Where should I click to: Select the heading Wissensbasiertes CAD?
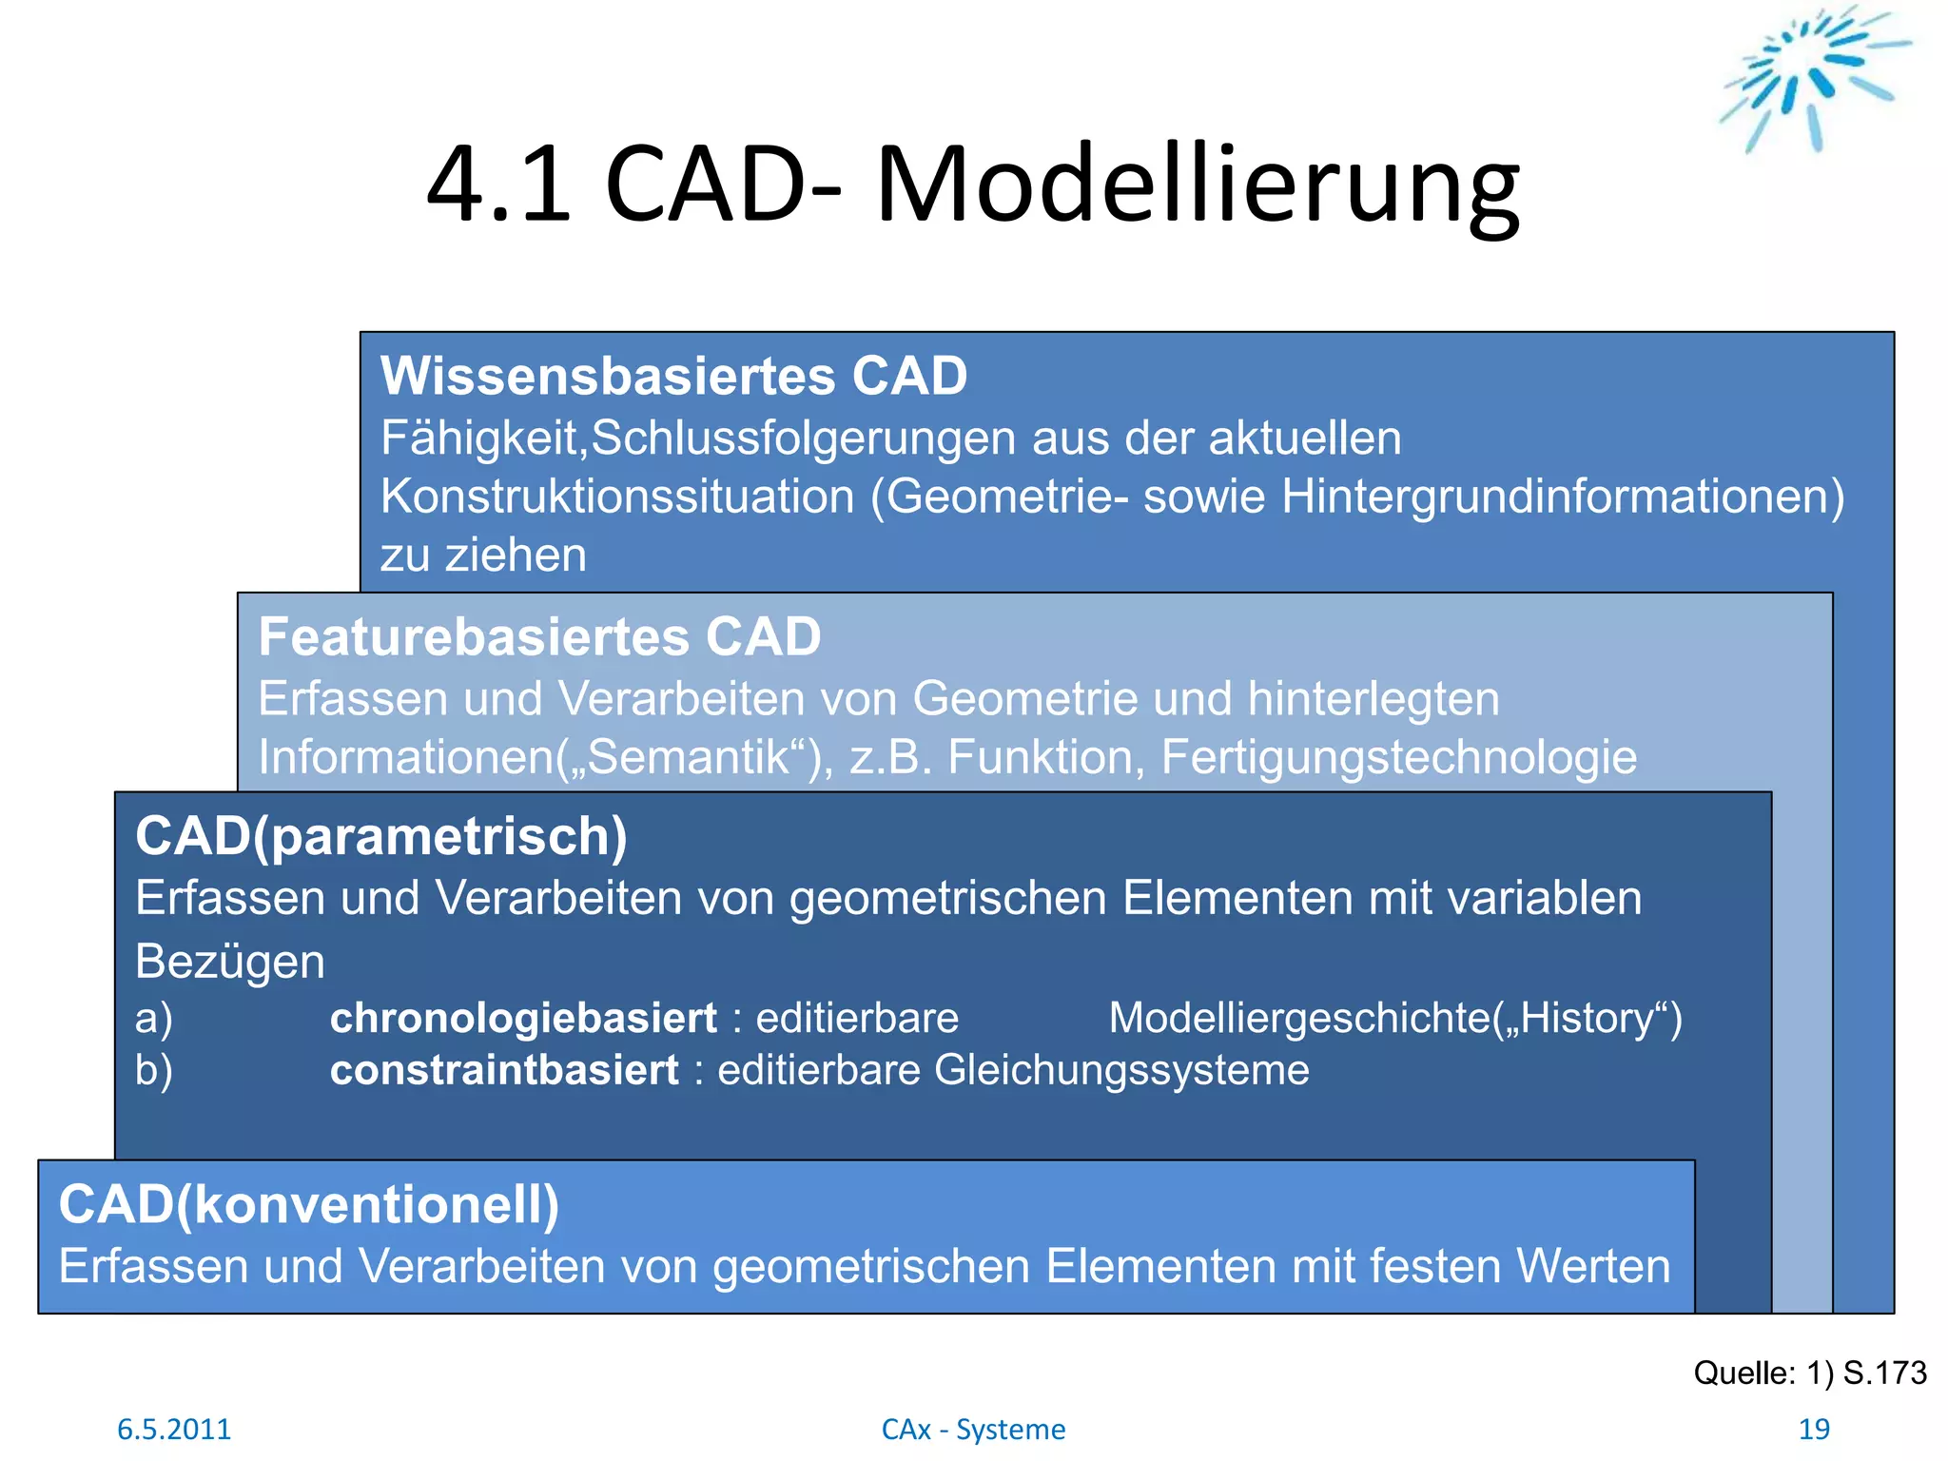coord(673,376)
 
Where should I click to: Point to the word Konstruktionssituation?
coord(617,497)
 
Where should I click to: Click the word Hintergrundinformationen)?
coord(1562,497)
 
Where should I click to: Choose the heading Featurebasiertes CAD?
coord(539,636)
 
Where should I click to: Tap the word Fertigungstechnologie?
coord(1398,758)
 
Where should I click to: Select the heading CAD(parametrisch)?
coord(381,836)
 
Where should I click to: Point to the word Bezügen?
coord(230,962)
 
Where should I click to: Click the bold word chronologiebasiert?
coord(523,1019)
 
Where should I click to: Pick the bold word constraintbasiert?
coord(504,1071)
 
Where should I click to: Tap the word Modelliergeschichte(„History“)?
coord(1394,1019)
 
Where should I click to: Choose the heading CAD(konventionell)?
coord(309,1205)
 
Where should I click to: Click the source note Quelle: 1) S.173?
coord(1809,1373)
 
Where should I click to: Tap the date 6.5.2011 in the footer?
coord(174,1429)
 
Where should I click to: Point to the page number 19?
coord(1814,1429)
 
